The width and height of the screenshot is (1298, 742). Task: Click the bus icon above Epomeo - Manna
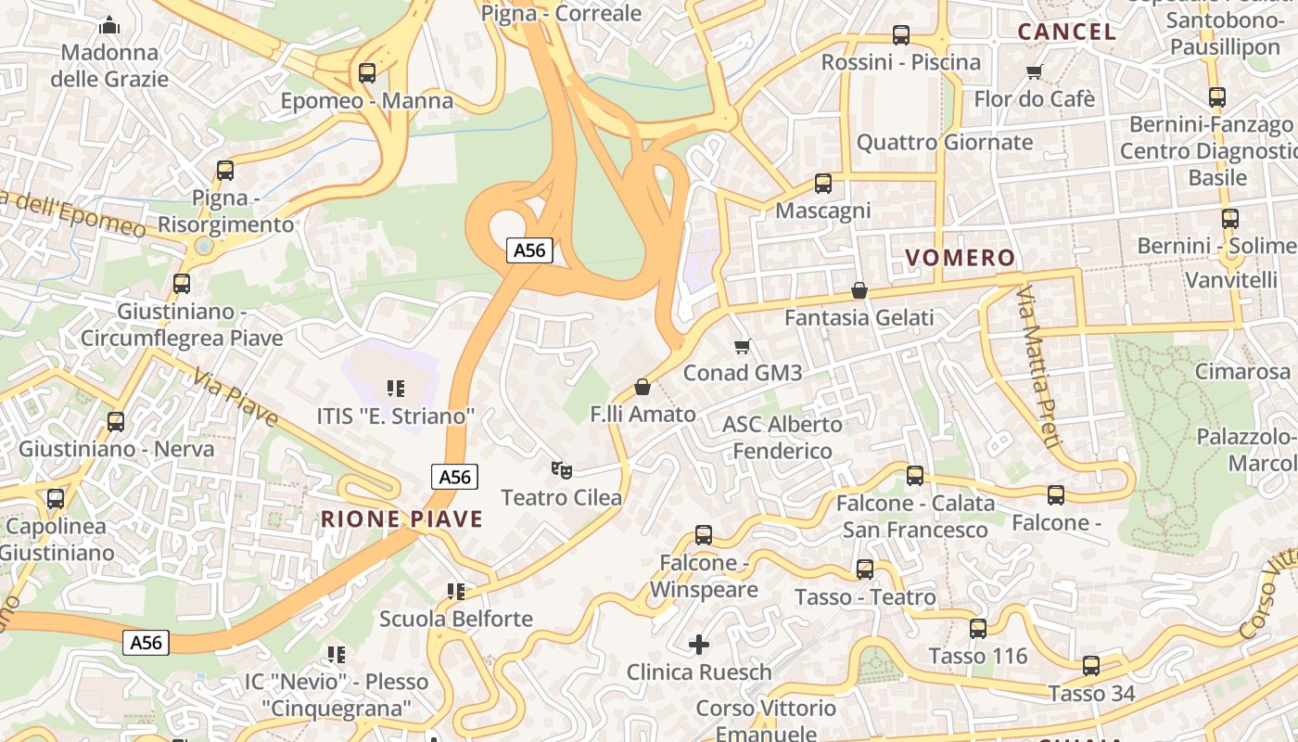367,72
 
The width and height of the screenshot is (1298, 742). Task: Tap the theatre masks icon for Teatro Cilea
560,470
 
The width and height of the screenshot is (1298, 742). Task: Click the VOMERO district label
960,258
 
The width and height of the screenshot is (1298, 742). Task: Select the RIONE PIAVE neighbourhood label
401,518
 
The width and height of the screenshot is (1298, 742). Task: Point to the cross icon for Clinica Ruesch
699,644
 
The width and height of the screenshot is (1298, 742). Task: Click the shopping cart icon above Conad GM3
741,346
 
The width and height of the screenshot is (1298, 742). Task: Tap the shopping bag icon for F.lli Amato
642,386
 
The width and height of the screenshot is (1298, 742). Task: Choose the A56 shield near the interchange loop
529,249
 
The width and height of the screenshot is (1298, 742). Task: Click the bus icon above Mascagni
822,184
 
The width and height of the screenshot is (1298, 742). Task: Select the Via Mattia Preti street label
1037,367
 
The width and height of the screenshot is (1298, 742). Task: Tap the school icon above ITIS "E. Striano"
396,389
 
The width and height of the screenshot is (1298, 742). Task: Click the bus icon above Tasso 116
977,629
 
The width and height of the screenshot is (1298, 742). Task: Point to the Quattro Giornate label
944,142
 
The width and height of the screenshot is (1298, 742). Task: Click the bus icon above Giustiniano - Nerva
116,421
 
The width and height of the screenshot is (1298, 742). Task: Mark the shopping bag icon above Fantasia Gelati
859,290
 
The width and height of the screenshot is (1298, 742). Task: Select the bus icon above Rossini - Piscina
900,35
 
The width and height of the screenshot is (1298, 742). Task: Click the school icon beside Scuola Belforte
455,591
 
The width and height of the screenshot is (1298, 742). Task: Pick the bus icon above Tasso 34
1091,665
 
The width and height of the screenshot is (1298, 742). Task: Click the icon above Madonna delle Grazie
109,25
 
